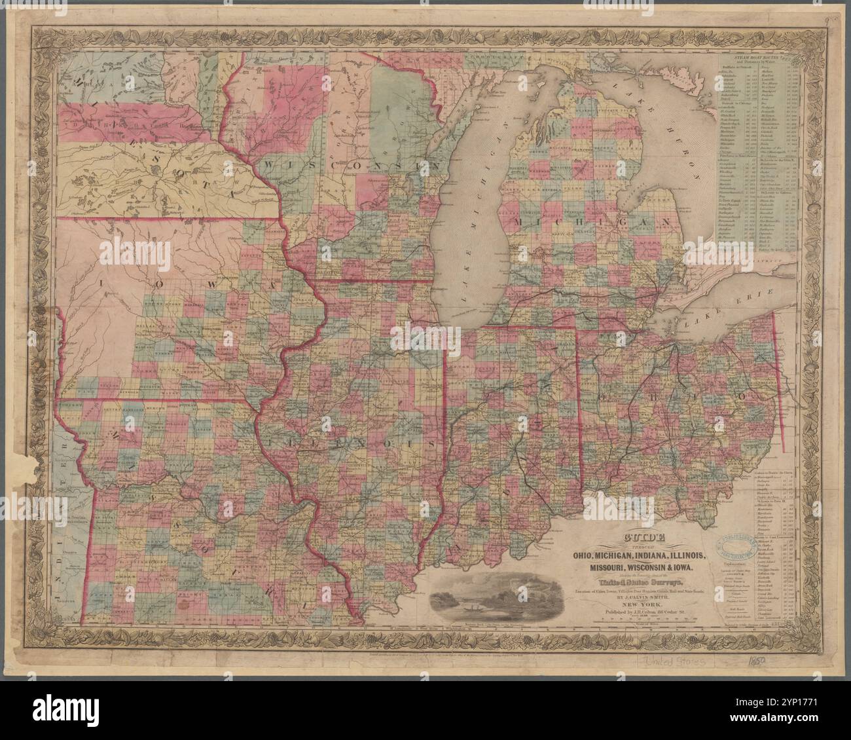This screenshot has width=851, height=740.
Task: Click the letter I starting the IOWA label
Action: tap(103, 284)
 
